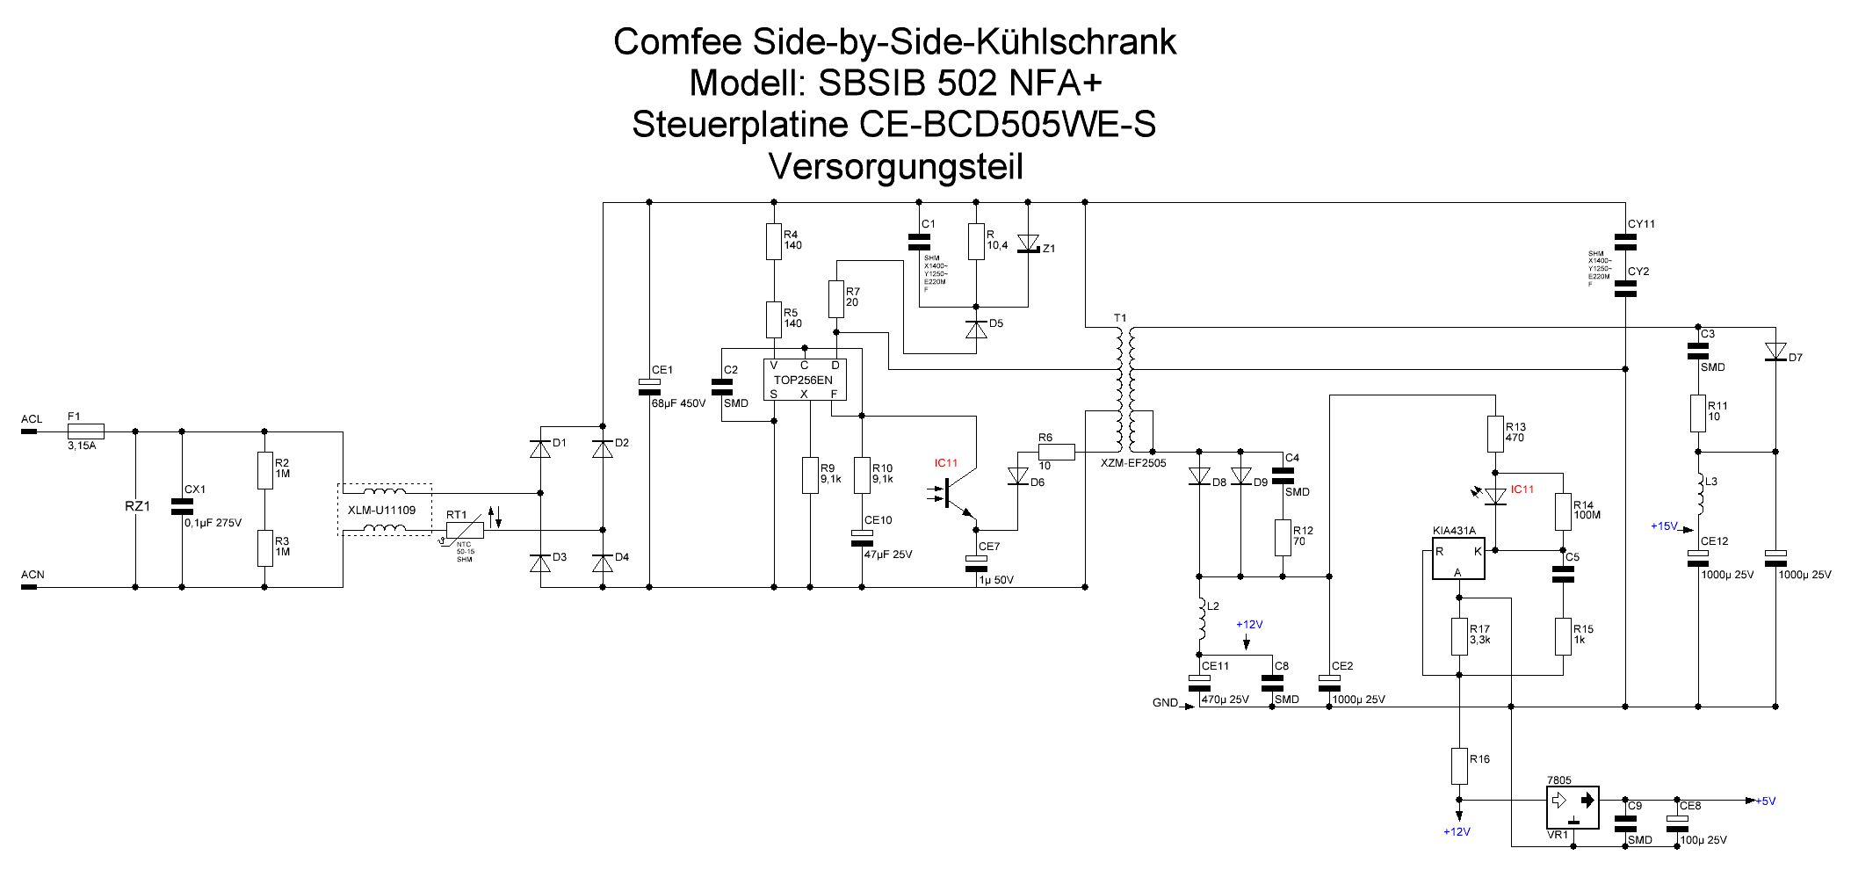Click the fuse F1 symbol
pyautogui.click(x=86, y=431)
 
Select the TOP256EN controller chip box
pyautogui.click(x=803, y=380)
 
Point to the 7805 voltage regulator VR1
pyautogui.click(x=1573, y=807)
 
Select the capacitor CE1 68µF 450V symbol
pyautogui.click(x=649, y=384)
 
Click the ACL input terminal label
pyautogui.click(x=32, y=419)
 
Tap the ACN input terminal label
pyautogui.click(x=33, y=575)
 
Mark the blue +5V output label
pyautogui.click(x=1765, y=801)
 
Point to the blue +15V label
pyautogui.click(x=1664, y=526)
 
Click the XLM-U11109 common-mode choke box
pyautogui.click(x=385, y=510)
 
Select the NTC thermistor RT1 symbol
pyautogui.click(x=465, y=530)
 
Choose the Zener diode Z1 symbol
pyautogui.click(x=1028, y=243)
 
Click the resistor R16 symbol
pyautogui.click(x=1459, y=765)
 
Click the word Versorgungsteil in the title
pyautogui.click(x=895, y=166)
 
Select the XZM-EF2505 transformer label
pyautogui.click(x=1133, y=463)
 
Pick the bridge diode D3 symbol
pyautogui.click(x=539, y=563)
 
